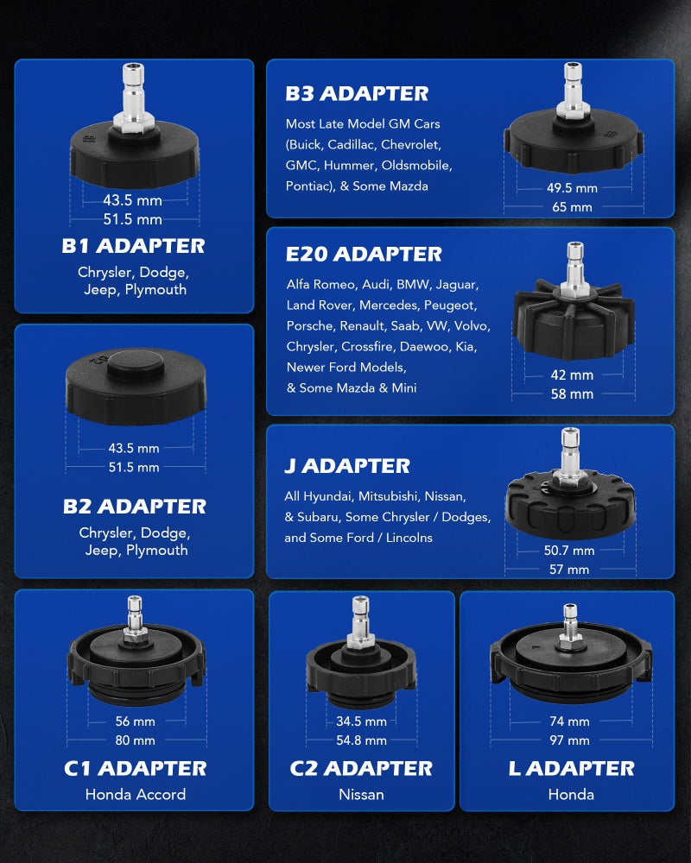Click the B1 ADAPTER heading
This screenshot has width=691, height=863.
133,246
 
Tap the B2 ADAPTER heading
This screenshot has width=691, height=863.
135,507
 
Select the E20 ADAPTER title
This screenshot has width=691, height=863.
364,255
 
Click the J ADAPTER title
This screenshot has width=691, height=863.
347,466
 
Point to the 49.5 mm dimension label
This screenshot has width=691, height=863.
572,188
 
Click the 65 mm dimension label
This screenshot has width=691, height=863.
572,207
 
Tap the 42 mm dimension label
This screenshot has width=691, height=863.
572,375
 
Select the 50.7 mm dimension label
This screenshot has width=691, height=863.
569,551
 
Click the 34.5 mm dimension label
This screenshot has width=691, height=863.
362,721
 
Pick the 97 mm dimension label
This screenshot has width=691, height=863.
570,740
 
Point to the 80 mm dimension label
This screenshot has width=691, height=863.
135,740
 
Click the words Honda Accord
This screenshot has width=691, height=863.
136,794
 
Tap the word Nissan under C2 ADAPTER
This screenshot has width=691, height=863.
362,794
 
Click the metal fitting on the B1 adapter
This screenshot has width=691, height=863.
133,98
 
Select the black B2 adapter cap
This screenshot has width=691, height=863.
136,387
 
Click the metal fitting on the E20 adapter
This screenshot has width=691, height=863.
574,269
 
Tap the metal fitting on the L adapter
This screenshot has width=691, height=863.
570,627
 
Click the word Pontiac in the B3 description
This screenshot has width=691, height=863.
308,186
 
